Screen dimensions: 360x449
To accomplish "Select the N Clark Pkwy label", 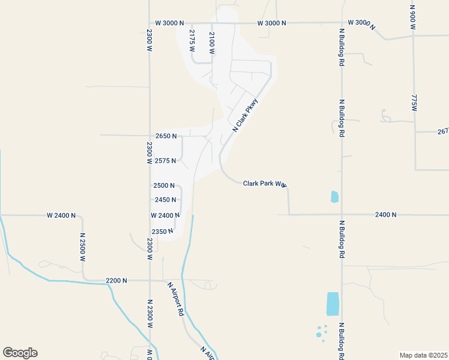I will coord(245,115).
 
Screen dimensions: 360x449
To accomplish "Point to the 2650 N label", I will coord(166,136).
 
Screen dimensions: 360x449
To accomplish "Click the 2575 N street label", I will coord(165,161).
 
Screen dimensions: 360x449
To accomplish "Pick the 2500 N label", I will coord(164,186).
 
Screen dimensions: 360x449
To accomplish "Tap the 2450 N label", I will coord(165,200).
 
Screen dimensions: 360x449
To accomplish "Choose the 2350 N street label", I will coord(163,231).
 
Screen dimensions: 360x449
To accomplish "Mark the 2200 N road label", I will coord(116,280).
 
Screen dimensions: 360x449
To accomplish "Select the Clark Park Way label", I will coord(264,184).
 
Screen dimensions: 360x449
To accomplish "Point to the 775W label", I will coord(414,102).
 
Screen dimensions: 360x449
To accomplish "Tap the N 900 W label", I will coord(413,19).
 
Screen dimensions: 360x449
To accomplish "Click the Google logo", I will coord(20,353).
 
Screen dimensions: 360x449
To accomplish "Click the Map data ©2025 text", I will coord(423,355).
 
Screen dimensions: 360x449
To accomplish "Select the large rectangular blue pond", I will coord(333,304).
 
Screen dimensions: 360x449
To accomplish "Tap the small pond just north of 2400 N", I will coord(334,196).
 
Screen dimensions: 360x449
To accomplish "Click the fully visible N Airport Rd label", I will coord(175,299).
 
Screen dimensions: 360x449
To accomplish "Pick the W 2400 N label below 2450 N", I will coord(166,215).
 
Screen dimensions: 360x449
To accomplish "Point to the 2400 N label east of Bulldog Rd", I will coord(385,214).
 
